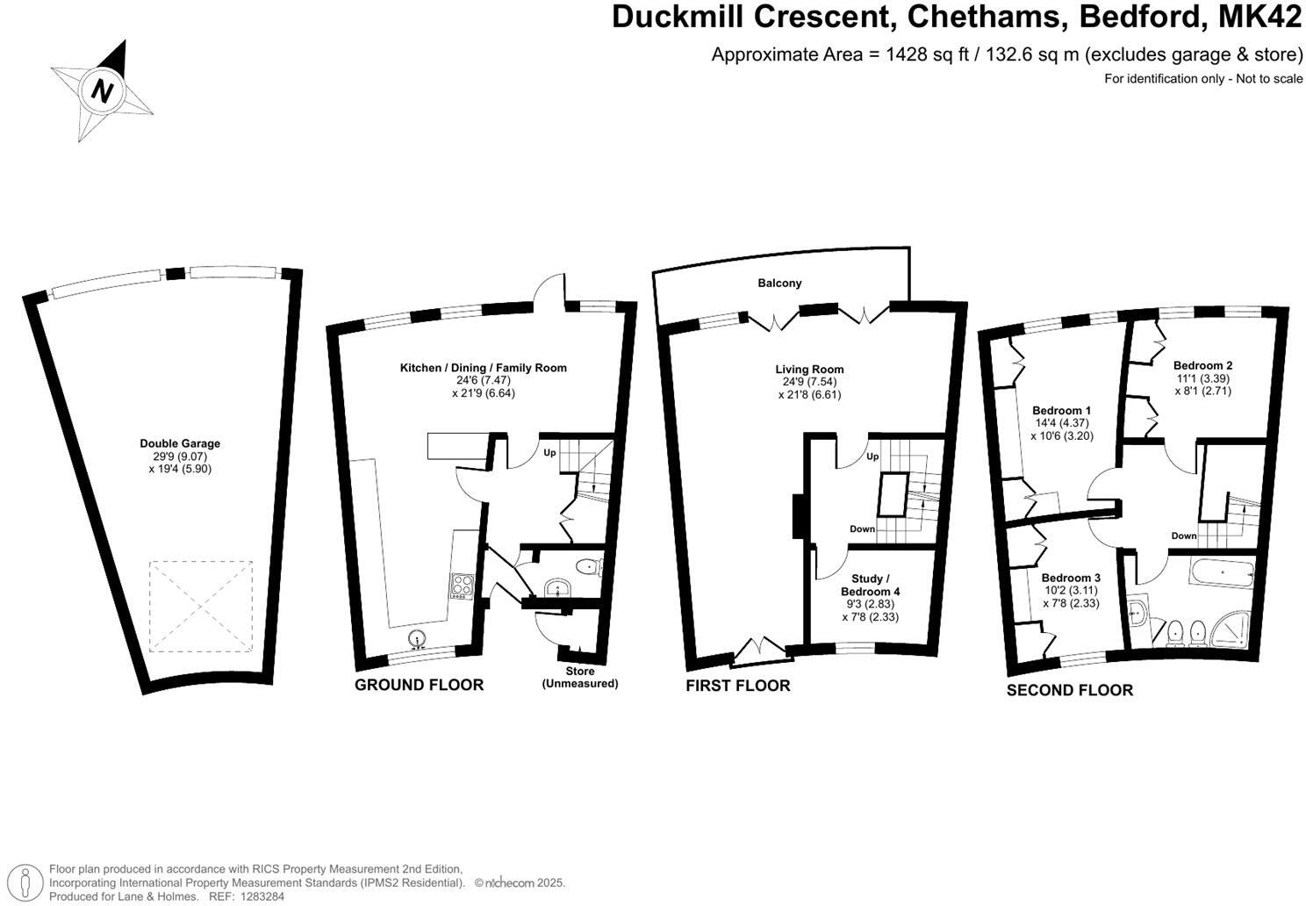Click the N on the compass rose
(x=104, y=90)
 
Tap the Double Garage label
(x=180, y=443)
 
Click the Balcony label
(x=779, y=283)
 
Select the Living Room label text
(x=809, y=370)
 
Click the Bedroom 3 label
(x=1071, y=578)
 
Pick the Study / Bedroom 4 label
(x=870, y=586)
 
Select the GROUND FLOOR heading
(x=419, y=685)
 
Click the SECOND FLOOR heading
(x=1069, y=691)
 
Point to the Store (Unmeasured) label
(x=579, y=677)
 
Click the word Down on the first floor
(x=862, y=529)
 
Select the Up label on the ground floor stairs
(x=550, y=453)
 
